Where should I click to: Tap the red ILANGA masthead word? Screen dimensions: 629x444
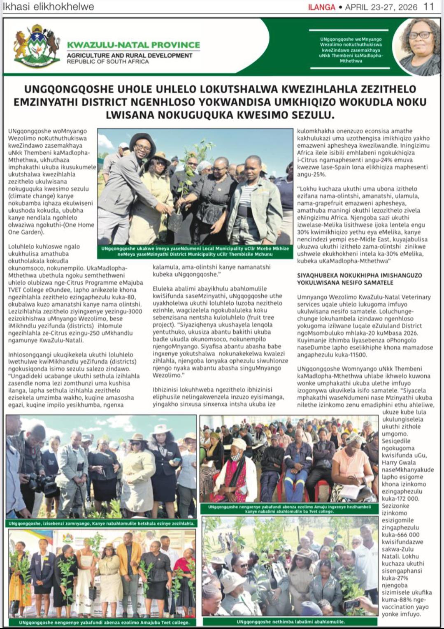click(x=321, y=7)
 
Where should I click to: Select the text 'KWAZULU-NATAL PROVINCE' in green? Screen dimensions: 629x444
click(x=133, y=45)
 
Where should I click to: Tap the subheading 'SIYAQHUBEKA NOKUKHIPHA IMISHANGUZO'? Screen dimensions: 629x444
click(x=359, y=275)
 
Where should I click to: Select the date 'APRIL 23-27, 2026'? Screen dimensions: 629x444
click(x=381, y=7)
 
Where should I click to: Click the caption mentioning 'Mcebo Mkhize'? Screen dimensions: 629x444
click(x=195, y=251)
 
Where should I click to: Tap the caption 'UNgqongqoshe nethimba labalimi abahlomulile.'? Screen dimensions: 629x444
click(x=291, y=622)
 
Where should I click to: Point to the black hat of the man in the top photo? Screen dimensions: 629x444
click(x=142, y=139)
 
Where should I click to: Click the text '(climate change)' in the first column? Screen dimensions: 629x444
click(x=28, y=196)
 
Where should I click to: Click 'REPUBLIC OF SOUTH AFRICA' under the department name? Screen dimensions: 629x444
click(x=108, y=62)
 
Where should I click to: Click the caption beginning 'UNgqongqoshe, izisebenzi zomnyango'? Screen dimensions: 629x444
click(x=101, y=524)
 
